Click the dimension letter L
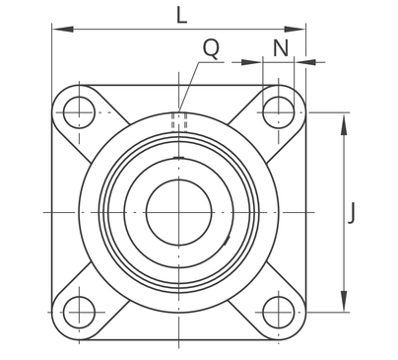[181, 16]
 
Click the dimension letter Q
[211, 48]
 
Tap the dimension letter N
[281, 48]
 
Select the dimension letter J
[352, 213]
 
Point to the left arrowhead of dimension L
[62, 30]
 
